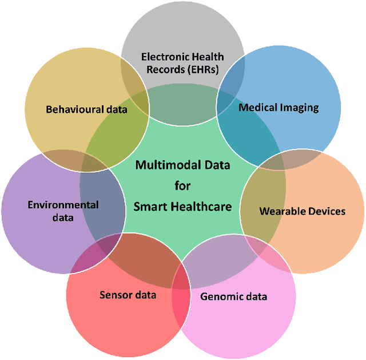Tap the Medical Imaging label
pos(279,107)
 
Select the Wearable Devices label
pos(303,211)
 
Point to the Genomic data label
pos(233,296)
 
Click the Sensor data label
pos(128,295)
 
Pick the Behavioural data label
pos(86,109)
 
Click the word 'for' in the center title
pos(182,185)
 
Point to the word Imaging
pos(299,107)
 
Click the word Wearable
pos(281,211)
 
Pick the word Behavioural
pos(74,109)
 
